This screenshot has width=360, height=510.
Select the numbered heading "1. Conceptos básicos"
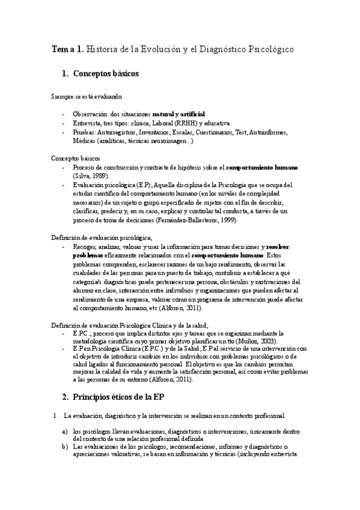pos(100,74)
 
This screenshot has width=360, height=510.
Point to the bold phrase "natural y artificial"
pos(178,114)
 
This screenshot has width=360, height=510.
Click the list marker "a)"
pos(64,431)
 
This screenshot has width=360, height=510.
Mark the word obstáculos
pos(227,282)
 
